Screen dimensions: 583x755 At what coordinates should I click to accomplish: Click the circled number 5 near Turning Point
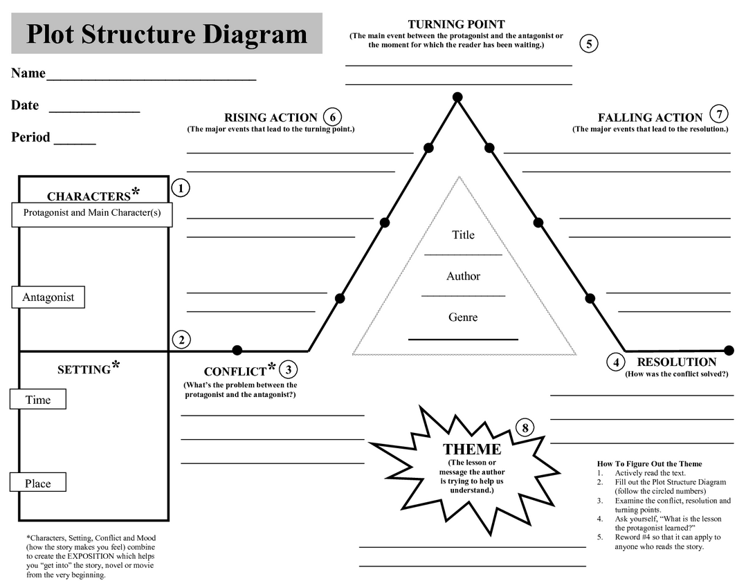588,44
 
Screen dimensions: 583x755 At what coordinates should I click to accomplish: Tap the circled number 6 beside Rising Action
332,117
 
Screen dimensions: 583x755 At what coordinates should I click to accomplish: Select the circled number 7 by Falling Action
720,114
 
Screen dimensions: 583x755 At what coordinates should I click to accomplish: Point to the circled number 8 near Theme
525,428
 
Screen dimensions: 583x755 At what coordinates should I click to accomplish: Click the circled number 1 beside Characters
180,187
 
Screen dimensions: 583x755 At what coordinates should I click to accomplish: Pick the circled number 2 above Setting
181,340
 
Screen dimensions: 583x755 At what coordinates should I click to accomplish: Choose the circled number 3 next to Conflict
288,370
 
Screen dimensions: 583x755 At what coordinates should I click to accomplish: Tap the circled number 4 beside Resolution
616,362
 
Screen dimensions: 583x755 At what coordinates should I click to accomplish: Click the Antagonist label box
48,297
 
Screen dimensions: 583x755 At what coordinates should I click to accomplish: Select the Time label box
38,400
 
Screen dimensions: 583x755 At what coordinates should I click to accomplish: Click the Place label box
38,483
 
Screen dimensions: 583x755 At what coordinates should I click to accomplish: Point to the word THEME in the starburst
472,450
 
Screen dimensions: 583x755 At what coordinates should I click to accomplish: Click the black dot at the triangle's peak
457,97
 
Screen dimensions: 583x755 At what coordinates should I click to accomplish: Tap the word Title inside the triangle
463,235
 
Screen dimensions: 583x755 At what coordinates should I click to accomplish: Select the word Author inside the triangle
463,276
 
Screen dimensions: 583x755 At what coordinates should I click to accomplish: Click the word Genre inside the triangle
463,317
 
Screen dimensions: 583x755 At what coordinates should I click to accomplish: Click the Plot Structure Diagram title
167,33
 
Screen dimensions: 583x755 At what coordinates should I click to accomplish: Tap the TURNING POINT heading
456,24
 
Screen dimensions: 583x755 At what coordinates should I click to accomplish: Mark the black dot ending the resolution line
729,350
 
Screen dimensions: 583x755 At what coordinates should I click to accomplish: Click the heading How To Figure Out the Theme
649,464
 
